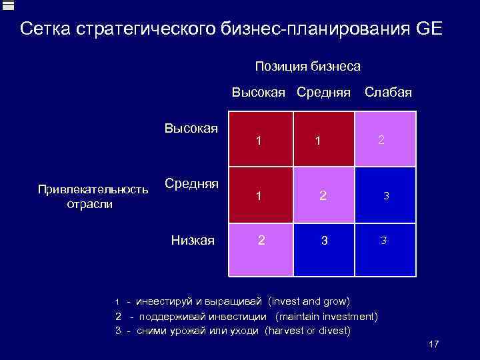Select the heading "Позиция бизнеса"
pos(307,67)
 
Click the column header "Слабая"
pos(388,93)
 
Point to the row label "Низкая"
pos(193,240)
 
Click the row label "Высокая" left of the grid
pos(191,128)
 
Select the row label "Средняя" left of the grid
pos(191,183)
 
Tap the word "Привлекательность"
pos(93,190)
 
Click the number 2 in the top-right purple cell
pos(381,140)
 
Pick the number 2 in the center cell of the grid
pos(323,196)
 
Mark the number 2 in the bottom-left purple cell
pos(261,240)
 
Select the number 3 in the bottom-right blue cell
pos(383,241)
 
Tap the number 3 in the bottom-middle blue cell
pos(324,241)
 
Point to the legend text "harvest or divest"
pos(307,330)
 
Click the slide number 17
pos(433,344)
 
